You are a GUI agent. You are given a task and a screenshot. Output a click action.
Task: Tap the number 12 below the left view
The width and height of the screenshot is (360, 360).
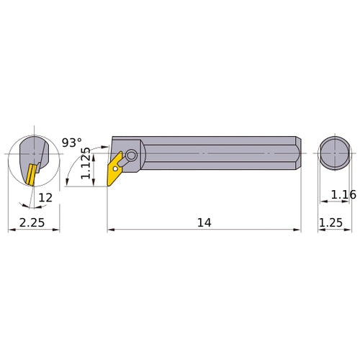pyautogui.click(x=45, y=197)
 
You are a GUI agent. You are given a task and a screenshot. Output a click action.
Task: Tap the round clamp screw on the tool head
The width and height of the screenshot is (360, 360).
pyautogui.click(x=131, y=154)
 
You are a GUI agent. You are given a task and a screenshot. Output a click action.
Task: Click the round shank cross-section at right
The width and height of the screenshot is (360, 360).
pyautogui.click(x=332, y=153)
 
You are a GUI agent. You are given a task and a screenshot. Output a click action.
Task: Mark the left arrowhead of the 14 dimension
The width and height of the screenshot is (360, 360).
pyautogui.click(x=110, y=230)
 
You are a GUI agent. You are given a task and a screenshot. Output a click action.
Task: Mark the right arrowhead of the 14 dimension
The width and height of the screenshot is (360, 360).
pyautogui.click(x=298, y=230)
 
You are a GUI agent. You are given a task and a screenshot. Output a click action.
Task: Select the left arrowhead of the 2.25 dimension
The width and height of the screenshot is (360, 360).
pyautogui.click(x=10, y=230)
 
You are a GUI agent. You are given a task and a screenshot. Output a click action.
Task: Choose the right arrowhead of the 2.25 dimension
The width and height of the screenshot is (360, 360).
pyautogui.click(x=58, y=230)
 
